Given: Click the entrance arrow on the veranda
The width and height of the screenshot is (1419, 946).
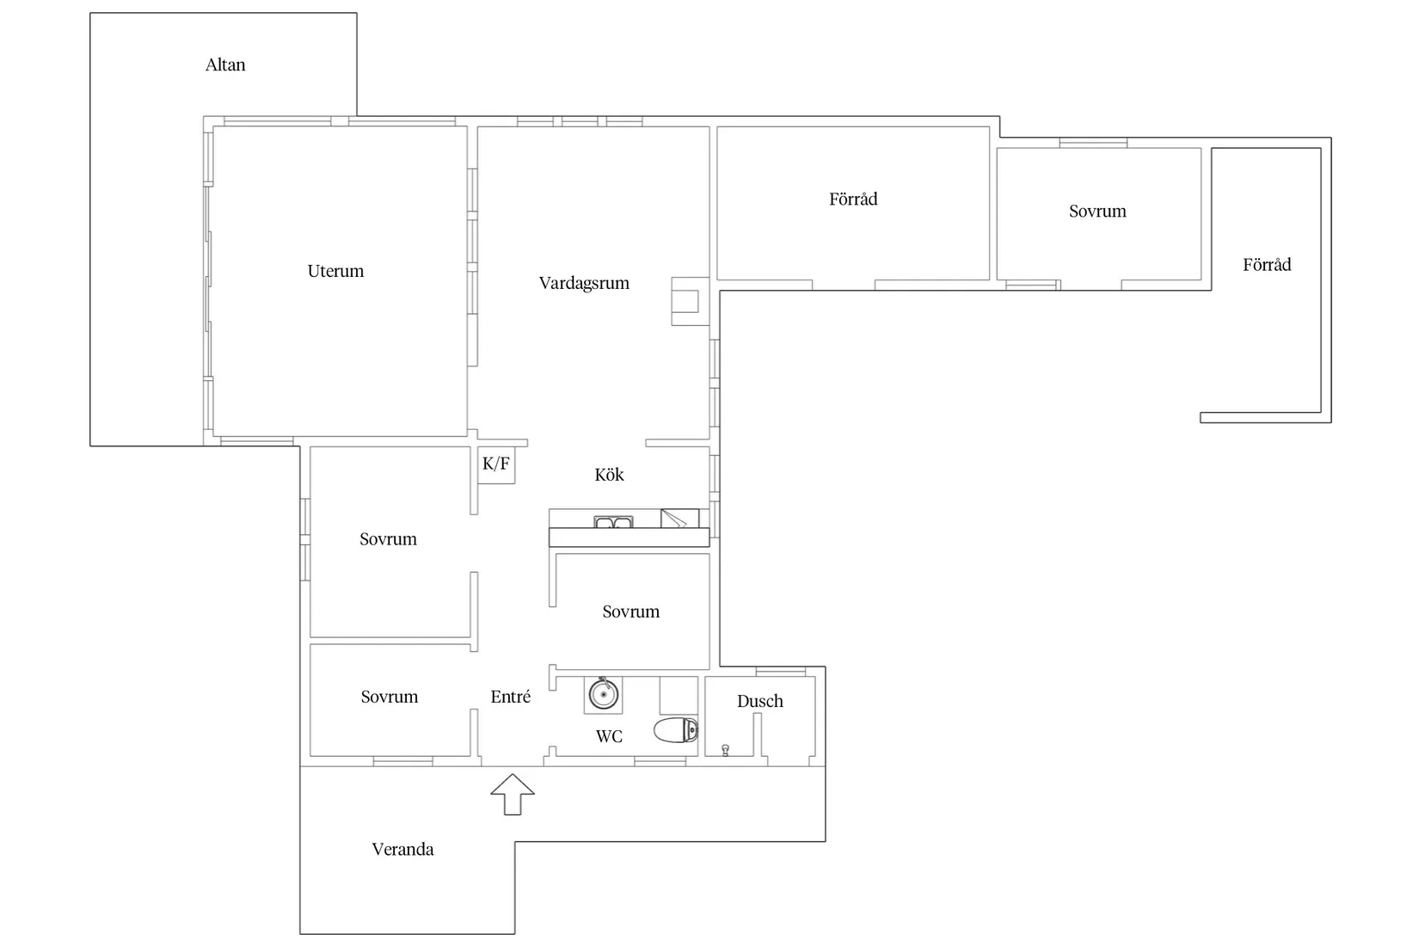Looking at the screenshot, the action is [513, 794].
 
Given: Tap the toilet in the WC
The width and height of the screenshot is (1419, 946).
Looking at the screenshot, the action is [676, 730].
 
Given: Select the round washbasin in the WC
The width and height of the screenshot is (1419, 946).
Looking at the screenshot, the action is [603, 695].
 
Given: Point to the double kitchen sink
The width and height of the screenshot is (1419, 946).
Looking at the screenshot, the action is [613, 522].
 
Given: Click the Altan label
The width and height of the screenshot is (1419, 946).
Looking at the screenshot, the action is [225, 64].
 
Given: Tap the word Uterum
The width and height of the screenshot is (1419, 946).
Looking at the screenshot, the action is [335, 271].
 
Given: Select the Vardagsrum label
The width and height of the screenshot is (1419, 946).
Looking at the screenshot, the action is [584, 283].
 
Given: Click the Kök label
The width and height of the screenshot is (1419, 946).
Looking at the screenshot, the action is [610, 475].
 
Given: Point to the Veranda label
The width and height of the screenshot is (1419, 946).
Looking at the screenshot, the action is [402, 850].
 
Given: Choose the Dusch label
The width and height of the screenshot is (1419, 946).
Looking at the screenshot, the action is [760, 702].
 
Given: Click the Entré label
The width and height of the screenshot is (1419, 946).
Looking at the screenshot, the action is [511, 697].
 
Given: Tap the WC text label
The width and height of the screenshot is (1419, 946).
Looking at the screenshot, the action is [610, 736].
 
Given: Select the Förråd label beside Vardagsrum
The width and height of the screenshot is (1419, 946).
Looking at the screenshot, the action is [853, 199].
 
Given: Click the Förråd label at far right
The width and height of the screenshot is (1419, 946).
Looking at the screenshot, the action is [1267, 264].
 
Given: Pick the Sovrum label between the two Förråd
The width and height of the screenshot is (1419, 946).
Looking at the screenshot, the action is [1098, 212].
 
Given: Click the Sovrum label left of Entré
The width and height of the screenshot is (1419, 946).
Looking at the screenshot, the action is [390, 697].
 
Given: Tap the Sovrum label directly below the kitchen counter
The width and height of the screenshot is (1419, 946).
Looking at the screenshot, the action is [631, 612].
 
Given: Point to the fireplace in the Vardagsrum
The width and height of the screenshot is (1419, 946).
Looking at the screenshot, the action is [690, 302].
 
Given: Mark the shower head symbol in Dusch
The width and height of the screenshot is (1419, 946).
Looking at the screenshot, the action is [725, 751].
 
